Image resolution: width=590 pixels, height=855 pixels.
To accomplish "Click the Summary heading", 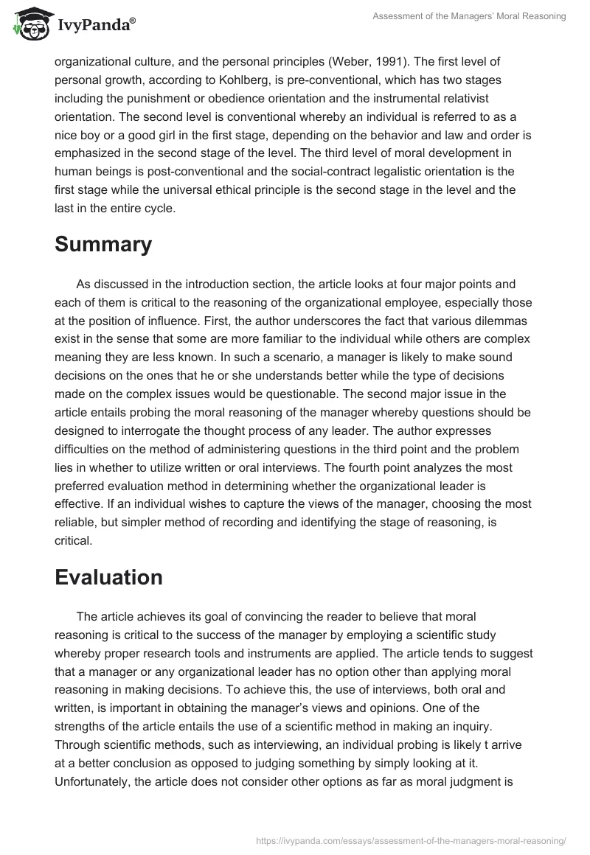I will (x=103, y=244).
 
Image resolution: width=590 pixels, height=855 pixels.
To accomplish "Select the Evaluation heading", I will (x=108, y=577).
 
